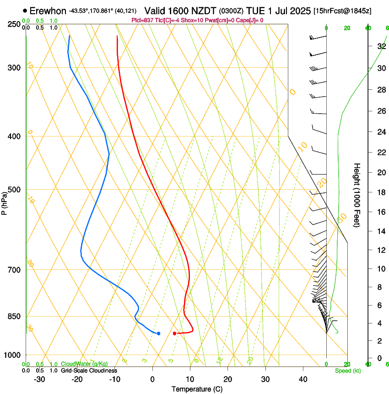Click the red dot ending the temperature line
[x=175, y=333]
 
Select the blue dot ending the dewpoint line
[x=158, y=333]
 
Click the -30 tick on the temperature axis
[x=39, y=379]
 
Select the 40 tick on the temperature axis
[x=303, y=379]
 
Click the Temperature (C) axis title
[x=197, y=389]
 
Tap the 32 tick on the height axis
[x=380, y=46]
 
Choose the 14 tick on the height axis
[x=380, y=231]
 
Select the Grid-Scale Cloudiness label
[x=89, y=371]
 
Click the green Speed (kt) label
[x=348, y=371]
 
